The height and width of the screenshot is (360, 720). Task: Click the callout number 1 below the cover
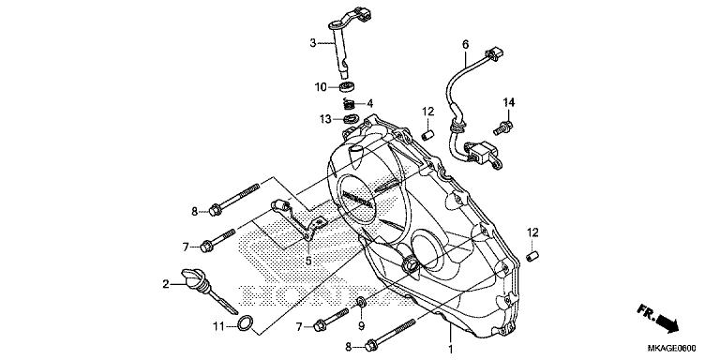(450, 349)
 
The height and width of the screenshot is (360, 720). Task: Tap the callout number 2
(166, 284)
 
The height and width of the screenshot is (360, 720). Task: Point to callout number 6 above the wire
(465, 44)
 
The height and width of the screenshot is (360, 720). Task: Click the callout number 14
(508, 101)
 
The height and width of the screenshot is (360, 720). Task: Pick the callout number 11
(217, 326)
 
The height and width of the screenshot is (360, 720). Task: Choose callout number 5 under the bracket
(308, 261)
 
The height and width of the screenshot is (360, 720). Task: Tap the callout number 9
(361, 326)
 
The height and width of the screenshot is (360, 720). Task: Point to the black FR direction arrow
(666, 322)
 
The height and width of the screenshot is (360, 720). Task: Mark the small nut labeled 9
(361, 301)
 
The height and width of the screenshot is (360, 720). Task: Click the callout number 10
(320, 87)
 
